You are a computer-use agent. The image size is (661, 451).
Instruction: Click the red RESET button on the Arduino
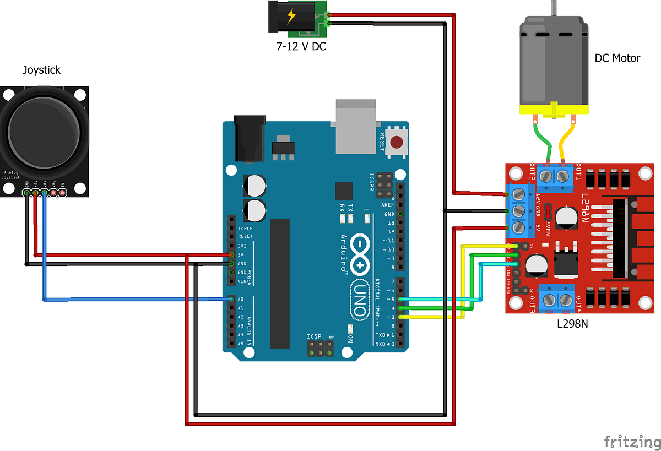coord(395,143)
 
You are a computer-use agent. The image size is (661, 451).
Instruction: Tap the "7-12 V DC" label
coord(301,47)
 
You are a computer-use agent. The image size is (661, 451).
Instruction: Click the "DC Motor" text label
coord(617,58)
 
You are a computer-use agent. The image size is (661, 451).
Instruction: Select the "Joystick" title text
coord(41,70)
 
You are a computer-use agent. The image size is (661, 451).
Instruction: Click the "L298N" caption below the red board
coord(572,324)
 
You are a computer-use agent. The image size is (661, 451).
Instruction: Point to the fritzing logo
coord(631,441)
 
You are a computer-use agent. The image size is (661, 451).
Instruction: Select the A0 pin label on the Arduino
coord(241,299)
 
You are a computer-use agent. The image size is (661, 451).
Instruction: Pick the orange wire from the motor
coord(567,140)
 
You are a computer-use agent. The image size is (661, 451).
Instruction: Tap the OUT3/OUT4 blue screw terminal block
coord(557,300)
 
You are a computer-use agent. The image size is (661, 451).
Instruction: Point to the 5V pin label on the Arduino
coord(241,254)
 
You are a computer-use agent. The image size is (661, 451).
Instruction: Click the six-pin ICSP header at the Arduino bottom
coord(320,348)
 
